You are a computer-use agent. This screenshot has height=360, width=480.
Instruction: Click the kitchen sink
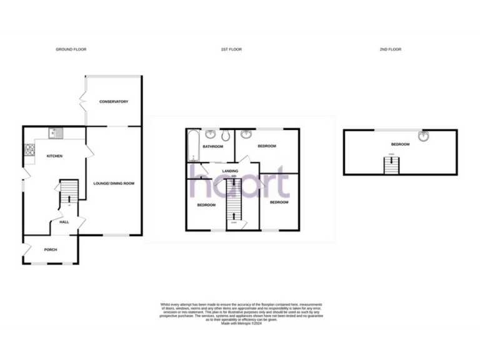56,132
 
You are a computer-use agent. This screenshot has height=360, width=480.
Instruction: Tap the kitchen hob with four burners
29,149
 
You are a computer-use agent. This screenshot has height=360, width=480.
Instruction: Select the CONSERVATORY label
114,101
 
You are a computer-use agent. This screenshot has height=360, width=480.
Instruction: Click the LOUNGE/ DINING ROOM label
114,183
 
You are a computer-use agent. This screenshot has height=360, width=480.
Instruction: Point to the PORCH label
51,249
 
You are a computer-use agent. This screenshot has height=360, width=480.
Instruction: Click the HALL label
64,222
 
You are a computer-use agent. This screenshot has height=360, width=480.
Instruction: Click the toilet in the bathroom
226,135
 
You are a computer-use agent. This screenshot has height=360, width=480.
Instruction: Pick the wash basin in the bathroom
211,134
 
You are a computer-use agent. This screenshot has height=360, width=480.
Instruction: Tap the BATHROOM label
212,147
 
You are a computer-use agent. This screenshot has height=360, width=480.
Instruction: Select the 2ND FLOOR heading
390,49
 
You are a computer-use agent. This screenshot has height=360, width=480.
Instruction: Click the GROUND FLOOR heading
71,49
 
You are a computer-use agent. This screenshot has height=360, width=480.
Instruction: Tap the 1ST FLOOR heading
231,49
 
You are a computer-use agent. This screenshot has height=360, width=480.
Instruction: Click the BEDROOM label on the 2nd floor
400,144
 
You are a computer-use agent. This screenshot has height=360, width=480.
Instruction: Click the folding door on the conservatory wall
84,100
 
